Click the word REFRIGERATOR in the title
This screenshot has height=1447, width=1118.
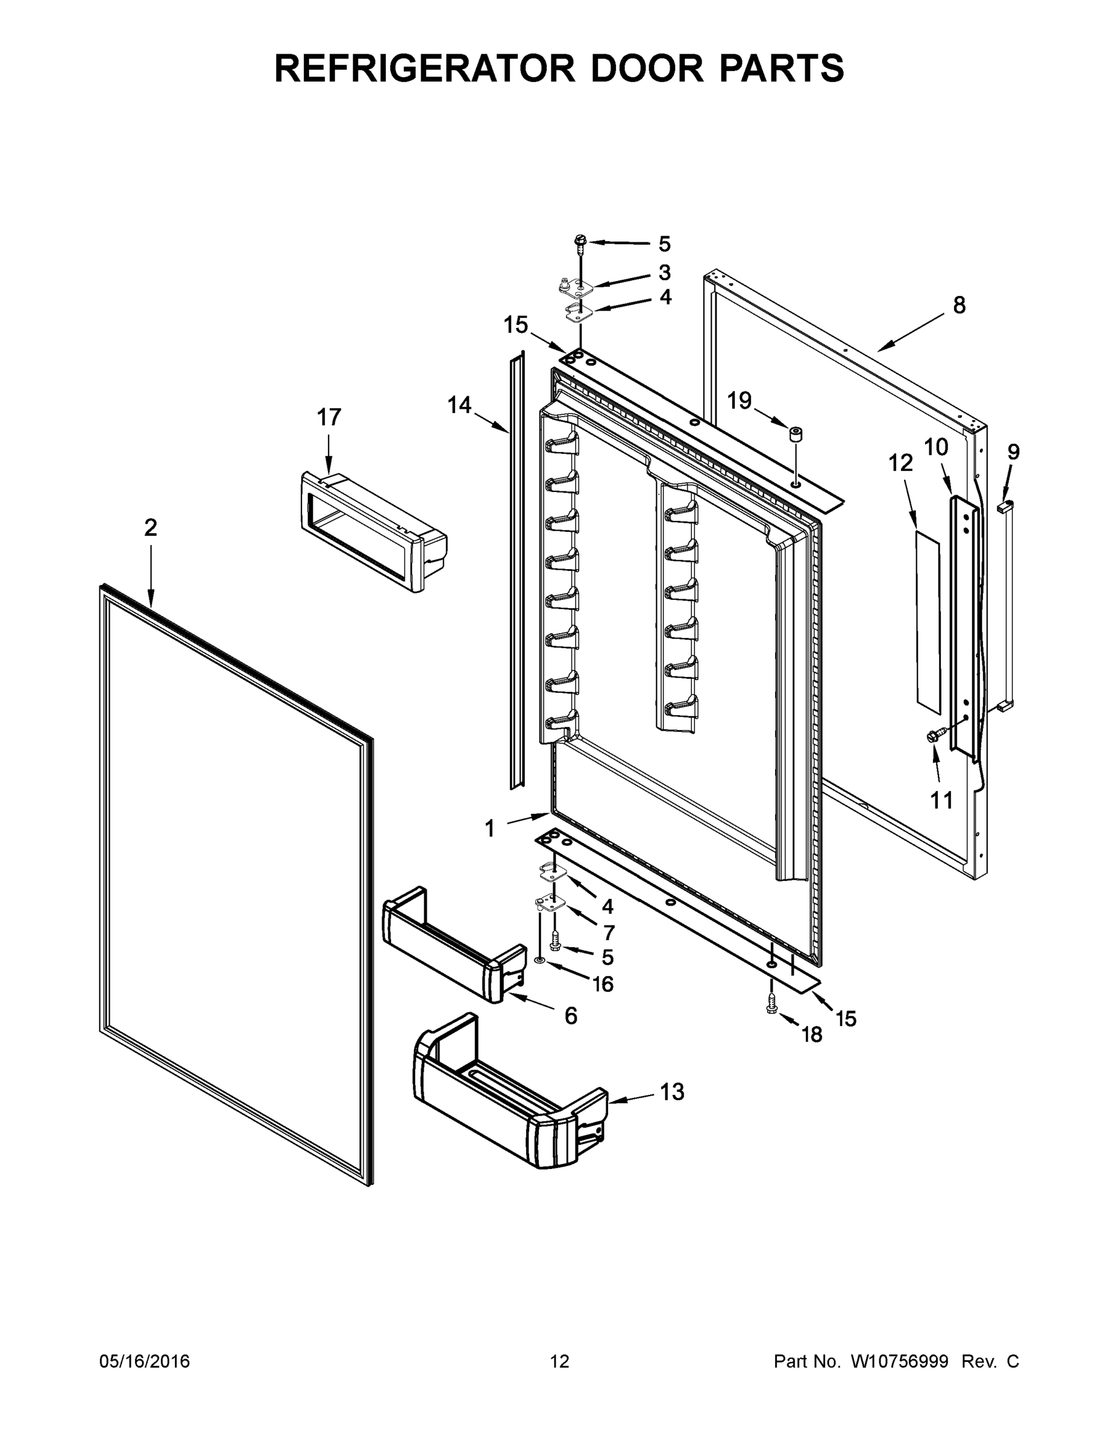pyautogui.click(x=424, y=68)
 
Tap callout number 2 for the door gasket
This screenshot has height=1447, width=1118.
pyautogui.click(x=151, y=528)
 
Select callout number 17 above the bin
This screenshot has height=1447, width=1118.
pyautogui.click(x=328, y=417)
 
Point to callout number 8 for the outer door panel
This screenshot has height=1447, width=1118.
pyautogui.click(x=959, y=306)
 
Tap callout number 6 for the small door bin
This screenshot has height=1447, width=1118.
pyautogui.click(x=571, y=1015)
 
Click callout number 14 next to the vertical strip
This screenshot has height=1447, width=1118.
pyautogui.click(x=459, y=404)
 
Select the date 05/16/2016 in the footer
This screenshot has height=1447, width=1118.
pyautogui.click(x=145, y=1361)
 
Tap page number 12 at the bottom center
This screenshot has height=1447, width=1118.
pyautogui.click(x=560, y=1361)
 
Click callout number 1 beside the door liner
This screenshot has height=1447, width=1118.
pyautogui.click(x=489, y=828)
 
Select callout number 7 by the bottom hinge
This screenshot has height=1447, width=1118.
pyautogui.click(x=609, y=932)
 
